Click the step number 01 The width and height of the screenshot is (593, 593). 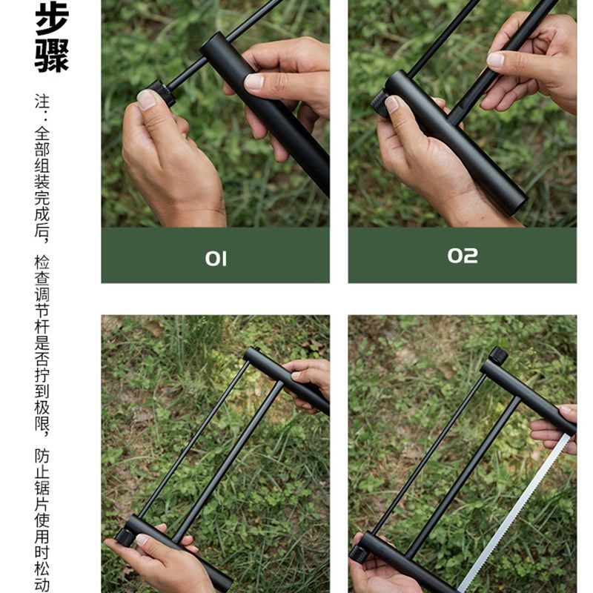point(216,258)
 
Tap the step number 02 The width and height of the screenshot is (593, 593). point(463,256)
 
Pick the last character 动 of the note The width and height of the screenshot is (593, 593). point(42,583)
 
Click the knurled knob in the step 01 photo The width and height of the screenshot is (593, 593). point(159,93)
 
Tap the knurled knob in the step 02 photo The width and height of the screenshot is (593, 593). point(381,103)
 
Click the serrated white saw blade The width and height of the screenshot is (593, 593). point(519,511)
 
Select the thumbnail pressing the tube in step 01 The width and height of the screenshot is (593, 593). point(254,82)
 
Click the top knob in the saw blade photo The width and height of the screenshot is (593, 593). point(498,356)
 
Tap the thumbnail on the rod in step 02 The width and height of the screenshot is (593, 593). point(495,59)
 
